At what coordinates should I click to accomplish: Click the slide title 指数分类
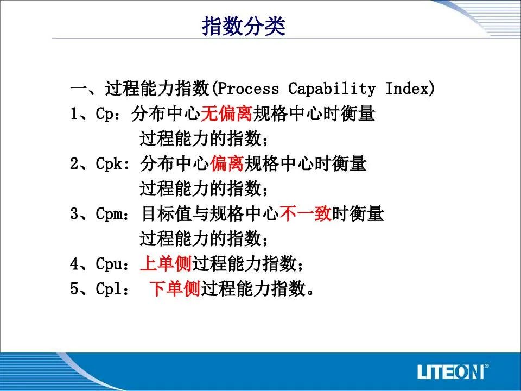(x=244, y=26)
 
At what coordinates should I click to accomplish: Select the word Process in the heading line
(x=248, y=89)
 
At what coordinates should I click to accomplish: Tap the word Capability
(x=332, y=89)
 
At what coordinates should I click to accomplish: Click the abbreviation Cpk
(x=109, y=163)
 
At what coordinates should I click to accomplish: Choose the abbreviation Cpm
(x=109, y=213)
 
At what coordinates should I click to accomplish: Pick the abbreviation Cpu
(x=109, y=264)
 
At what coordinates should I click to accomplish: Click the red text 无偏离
(x=227, y=113)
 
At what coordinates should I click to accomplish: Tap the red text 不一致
(x=306, y=213)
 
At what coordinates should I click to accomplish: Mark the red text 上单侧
(x=166, y=263)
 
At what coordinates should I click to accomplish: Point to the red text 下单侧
(x=174, y=288)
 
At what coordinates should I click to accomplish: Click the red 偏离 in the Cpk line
(x=227, y=163)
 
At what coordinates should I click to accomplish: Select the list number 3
(x=74, y=213)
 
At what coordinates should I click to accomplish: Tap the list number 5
(x=74, y=288)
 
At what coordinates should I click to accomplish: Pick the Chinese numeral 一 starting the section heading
(x=78, y=89)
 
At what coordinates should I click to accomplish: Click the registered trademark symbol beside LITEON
(x=486, y=366)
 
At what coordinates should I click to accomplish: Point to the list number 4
(x=74, y=264)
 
